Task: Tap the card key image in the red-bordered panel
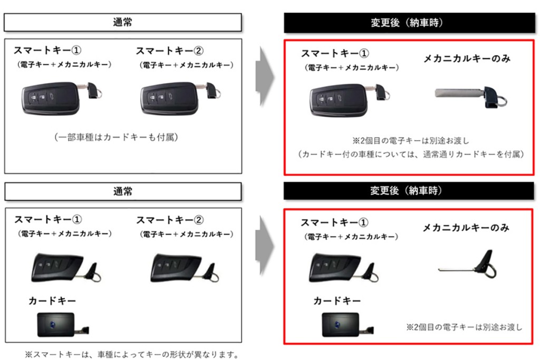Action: pos(340,324)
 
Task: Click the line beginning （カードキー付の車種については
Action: pos(410,154)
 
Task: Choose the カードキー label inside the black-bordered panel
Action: pos(52,301)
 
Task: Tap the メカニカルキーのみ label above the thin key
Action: pos(466,228)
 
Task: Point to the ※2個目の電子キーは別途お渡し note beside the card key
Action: pos(464,327)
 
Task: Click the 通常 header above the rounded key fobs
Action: pos(123,23)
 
